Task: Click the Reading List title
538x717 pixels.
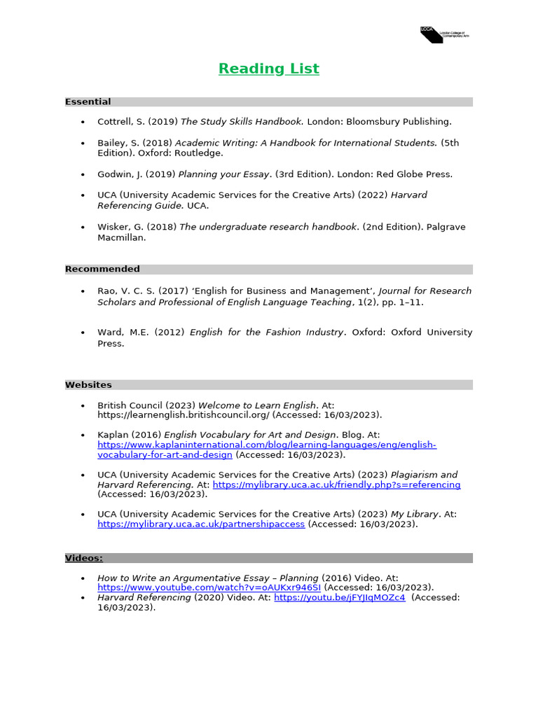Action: click(268, 69)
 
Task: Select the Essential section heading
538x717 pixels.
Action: click(88, 102)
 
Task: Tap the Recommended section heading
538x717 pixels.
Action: click(102, 269)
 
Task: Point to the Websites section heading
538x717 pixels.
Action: click(88, 384)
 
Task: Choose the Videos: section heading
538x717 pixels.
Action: click(84, 558)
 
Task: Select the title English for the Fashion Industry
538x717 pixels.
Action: click(267, 332)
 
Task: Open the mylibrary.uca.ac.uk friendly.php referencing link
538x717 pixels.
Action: click(336, 485)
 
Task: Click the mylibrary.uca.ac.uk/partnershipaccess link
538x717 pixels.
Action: click(201, 524)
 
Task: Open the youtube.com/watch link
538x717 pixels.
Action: click(209, 587)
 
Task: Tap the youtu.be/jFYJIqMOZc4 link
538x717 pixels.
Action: click(340, 598)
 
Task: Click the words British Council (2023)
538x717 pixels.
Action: click(146, 405)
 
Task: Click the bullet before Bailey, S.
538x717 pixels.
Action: click(83, 143)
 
